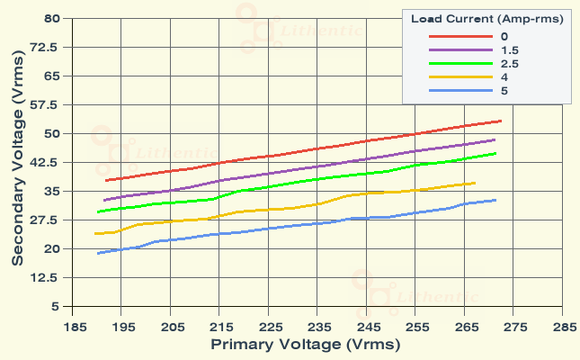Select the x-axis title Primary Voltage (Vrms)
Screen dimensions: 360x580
coord(305,345)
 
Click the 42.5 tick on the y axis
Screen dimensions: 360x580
coord(48,162)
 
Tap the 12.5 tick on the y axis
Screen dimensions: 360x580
coord(48,277)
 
